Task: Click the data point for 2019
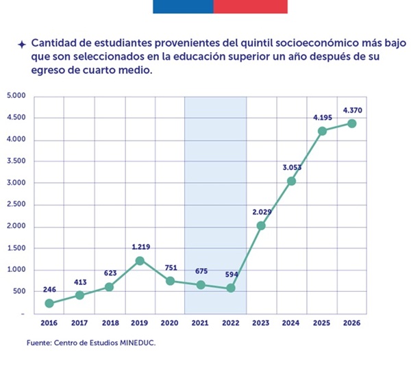140,261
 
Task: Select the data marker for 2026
351,123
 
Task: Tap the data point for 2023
261,225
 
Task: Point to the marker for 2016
49,303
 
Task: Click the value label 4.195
323,118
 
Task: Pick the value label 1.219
140,247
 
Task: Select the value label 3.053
291,167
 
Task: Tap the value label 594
232,275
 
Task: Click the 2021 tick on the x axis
201,321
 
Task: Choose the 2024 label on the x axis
292,321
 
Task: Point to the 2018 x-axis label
110,321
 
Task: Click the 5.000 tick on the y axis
16,96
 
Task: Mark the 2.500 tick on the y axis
16,205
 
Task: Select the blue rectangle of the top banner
182,6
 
